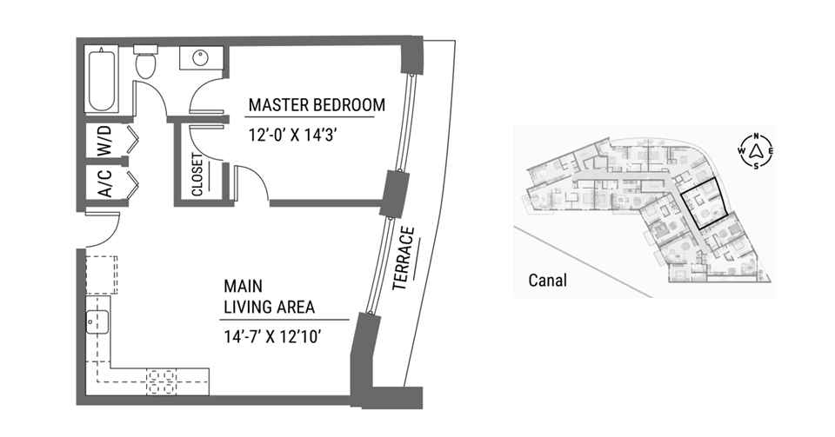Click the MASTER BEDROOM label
317,105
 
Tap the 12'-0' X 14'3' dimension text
293,135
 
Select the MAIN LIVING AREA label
269,296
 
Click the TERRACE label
403,259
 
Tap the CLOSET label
197,175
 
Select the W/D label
105,141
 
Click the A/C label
105,183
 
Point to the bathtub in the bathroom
102,80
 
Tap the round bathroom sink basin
200,58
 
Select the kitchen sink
97,321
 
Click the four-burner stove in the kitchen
162,381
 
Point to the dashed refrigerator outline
102,275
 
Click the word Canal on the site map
547,280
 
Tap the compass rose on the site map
756,151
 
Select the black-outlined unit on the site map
704,205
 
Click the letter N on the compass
756,136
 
